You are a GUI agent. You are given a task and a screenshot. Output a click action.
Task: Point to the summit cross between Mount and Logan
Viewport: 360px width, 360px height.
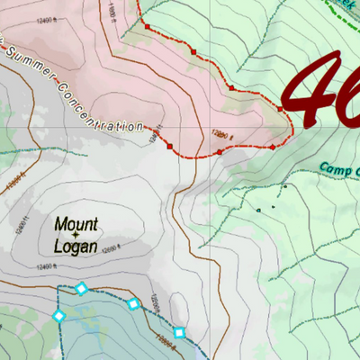(x=76, y=234)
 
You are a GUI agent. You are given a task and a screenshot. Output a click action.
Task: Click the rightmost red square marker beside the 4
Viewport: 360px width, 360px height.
(x=280, y=110)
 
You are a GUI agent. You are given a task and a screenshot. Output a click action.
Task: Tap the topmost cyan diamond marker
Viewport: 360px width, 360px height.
(x=81, y=288)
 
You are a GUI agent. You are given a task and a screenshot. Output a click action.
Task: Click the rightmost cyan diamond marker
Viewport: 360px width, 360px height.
(x=179, y=333)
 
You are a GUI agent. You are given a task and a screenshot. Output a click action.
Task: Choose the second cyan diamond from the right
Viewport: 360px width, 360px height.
(x=133, y=303)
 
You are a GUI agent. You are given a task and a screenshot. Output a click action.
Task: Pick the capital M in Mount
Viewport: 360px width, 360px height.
(x=60, y=223)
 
